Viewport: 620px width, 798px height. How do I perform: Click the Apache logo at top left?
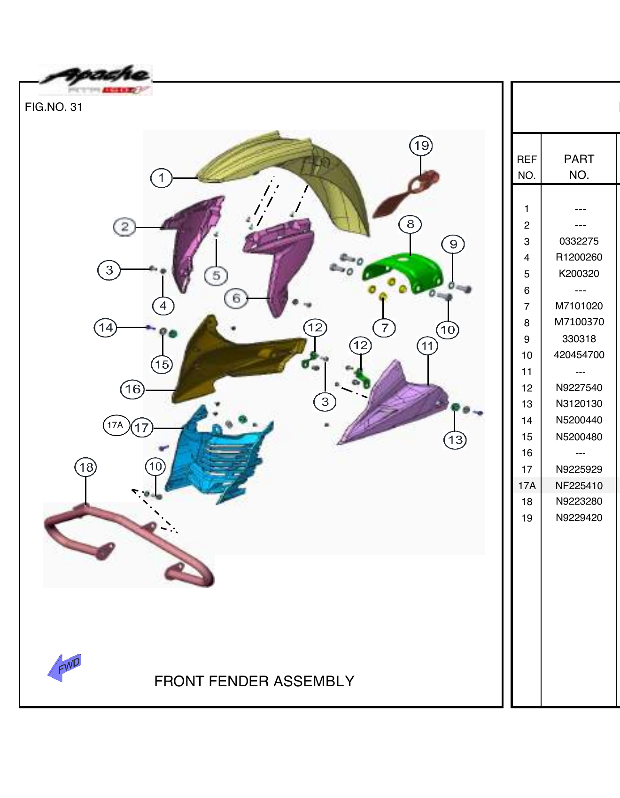[x=96, y=80]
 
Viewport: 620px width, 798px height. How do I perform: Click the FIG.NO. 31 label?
[x=54, y=107]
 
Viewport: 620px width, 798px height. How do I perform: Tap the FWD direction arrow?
[x=65, y=667]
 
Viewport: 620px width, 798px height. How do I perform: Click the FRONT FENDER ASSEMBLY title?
[x=254, y=681]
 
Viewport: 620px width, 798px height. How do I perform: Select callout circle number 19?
[x=421, y=146]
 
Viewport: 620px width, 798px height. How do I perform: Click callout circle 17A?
[x=116, y=425]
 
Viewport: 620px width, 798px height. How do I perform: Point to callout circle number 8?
[x=410, y=224]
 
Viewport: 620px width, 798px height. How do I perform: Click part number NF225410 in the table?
[x=579, y=485]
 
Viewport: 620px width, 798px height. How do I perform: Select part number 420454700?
[x=579, y=355]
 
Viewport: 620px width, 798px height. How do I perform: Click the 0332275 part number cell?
[x=579, y=241]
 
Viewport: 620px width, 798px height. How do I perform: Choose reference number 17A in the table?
[x=527, y=485]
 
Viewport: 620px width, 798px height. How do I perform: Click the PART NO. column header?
[x=579, y=167]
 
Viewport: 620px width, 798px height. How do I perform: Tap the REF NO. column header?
[x=527, y=167]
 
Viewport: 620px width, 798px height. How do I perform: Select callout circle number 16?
[x=132, y=389]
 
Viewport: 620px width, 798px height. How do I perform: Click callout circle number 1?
[x=161, y=178]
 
